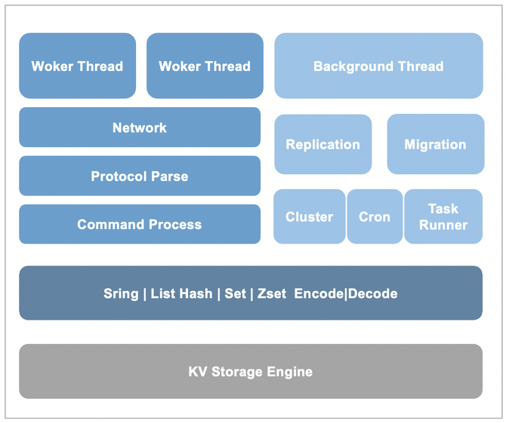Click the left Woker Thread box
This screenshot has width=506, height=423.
pyautogui.click(x=77, y=66)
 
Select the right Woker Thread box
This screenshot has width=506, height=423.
pyautogui.click(x=205, y=66)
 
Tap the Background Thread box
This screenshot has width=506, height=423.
pyautogui.click(x=378, y=66)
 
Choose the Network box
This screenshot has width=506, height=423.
pyautogui.click(x=140, y=127)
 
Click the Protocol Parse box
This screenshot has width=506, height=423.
pyautogui.click(x=140, y=176)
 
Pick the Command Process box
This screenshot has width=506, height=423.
pyautogui.click(x=140, y=225)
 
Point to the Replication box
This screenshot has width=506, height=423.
pyautogui.click(x=322, y=145)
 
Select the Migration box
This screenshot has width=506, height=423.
pyautogui.click(x=435, y=145)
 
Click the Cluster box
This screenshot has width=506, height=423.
pyautogui.click(x=309, y=217)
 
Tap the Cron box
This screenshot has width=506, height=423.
pyautogui.click(x=375, y=217)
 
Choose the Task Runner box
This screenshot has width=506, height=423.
pyautogui.click(x=443, y=217)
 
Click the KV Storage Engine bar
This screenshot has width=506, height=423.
pyautogui.click(x=250, y=372)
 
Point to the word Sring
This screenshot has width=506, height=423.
pyautogui.click(x=122, y=294)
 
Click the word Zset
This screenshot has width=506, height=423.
pyautogui.click(x=270, y=294)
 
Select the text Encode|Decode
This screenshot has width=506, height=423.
pyautogui.click(x=346, y=294)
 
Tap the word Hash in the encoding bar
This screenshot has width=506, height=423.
pyautogui.click(x=196, y=294)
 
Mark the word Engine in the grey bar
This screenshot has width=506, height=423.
pyautogui.click(x=288, y=372)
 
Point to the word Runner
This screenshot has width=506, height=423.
pyautogui.click(x=443, y=225)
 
